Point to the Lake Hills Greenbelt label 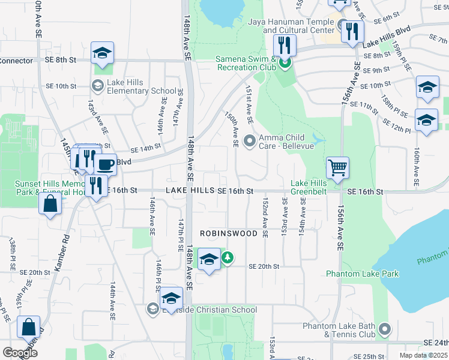point(309,188)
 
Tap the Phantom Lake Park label point(354,274)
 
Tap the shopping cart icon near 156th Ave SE point(338,167)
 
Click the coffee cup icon point(106,163)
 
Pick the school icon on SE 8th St point(102,52)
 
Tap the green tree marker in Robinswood point(228,259)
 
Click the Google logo point(19,353)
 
